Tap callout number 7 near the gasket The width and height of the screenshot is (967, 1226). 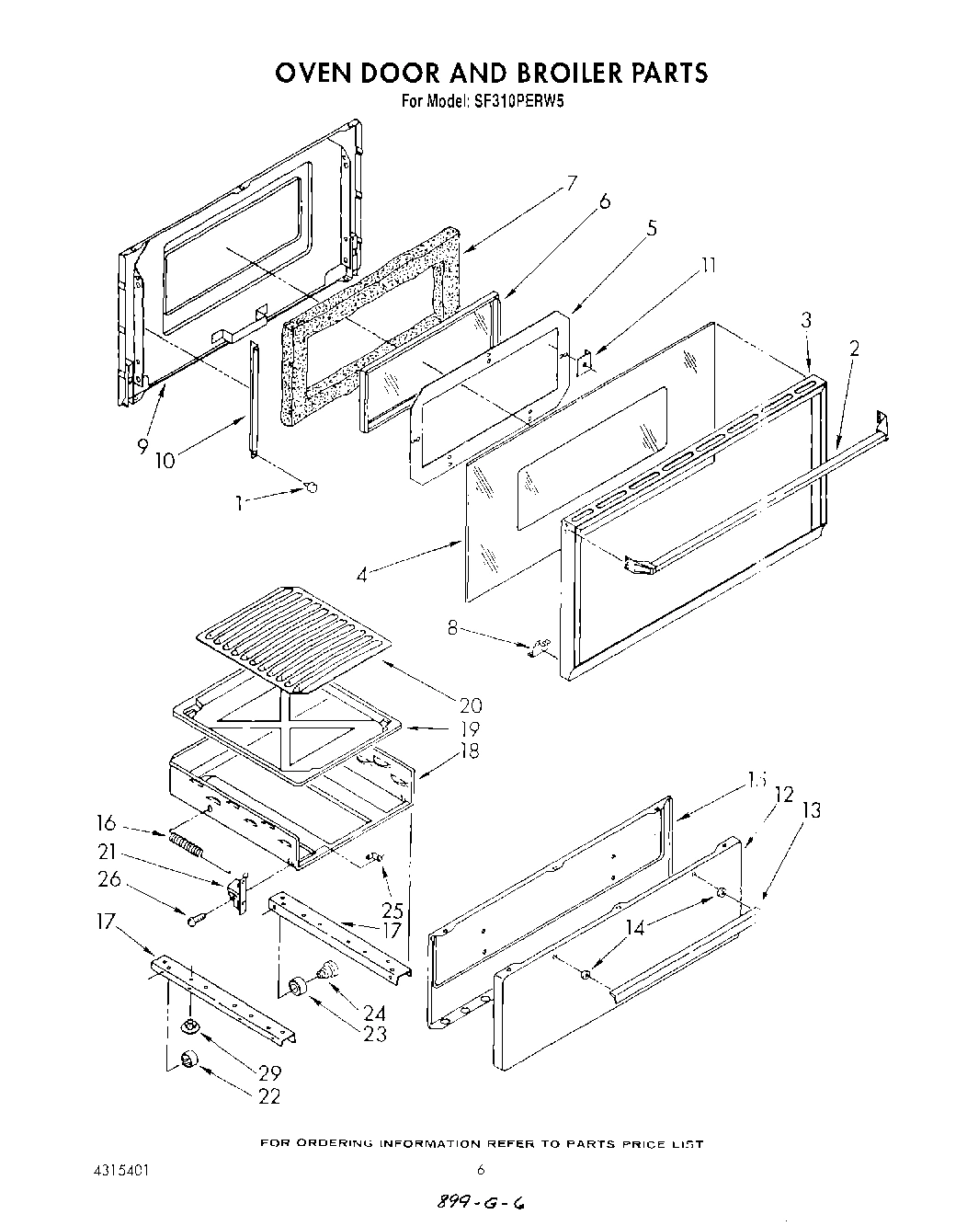[x=572, y=182]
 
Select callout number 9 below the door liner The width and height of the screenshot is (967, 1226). [x=142, y=447]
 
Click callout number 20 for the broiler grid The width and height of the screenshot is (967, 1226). [x=471, y=705]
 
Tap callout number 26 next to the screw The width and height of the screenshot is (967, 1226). [x=108, y=879]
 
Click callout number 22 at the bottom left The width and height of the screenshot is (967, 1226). [x=269, y=1095]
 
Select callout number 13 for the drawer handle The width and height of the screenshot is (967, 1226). [x=812, y=810]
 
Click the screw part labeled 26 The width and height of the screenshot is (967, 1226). [x=195, y=919]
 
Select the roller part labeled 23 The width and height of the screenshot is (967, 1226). [x=296, y=987]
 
